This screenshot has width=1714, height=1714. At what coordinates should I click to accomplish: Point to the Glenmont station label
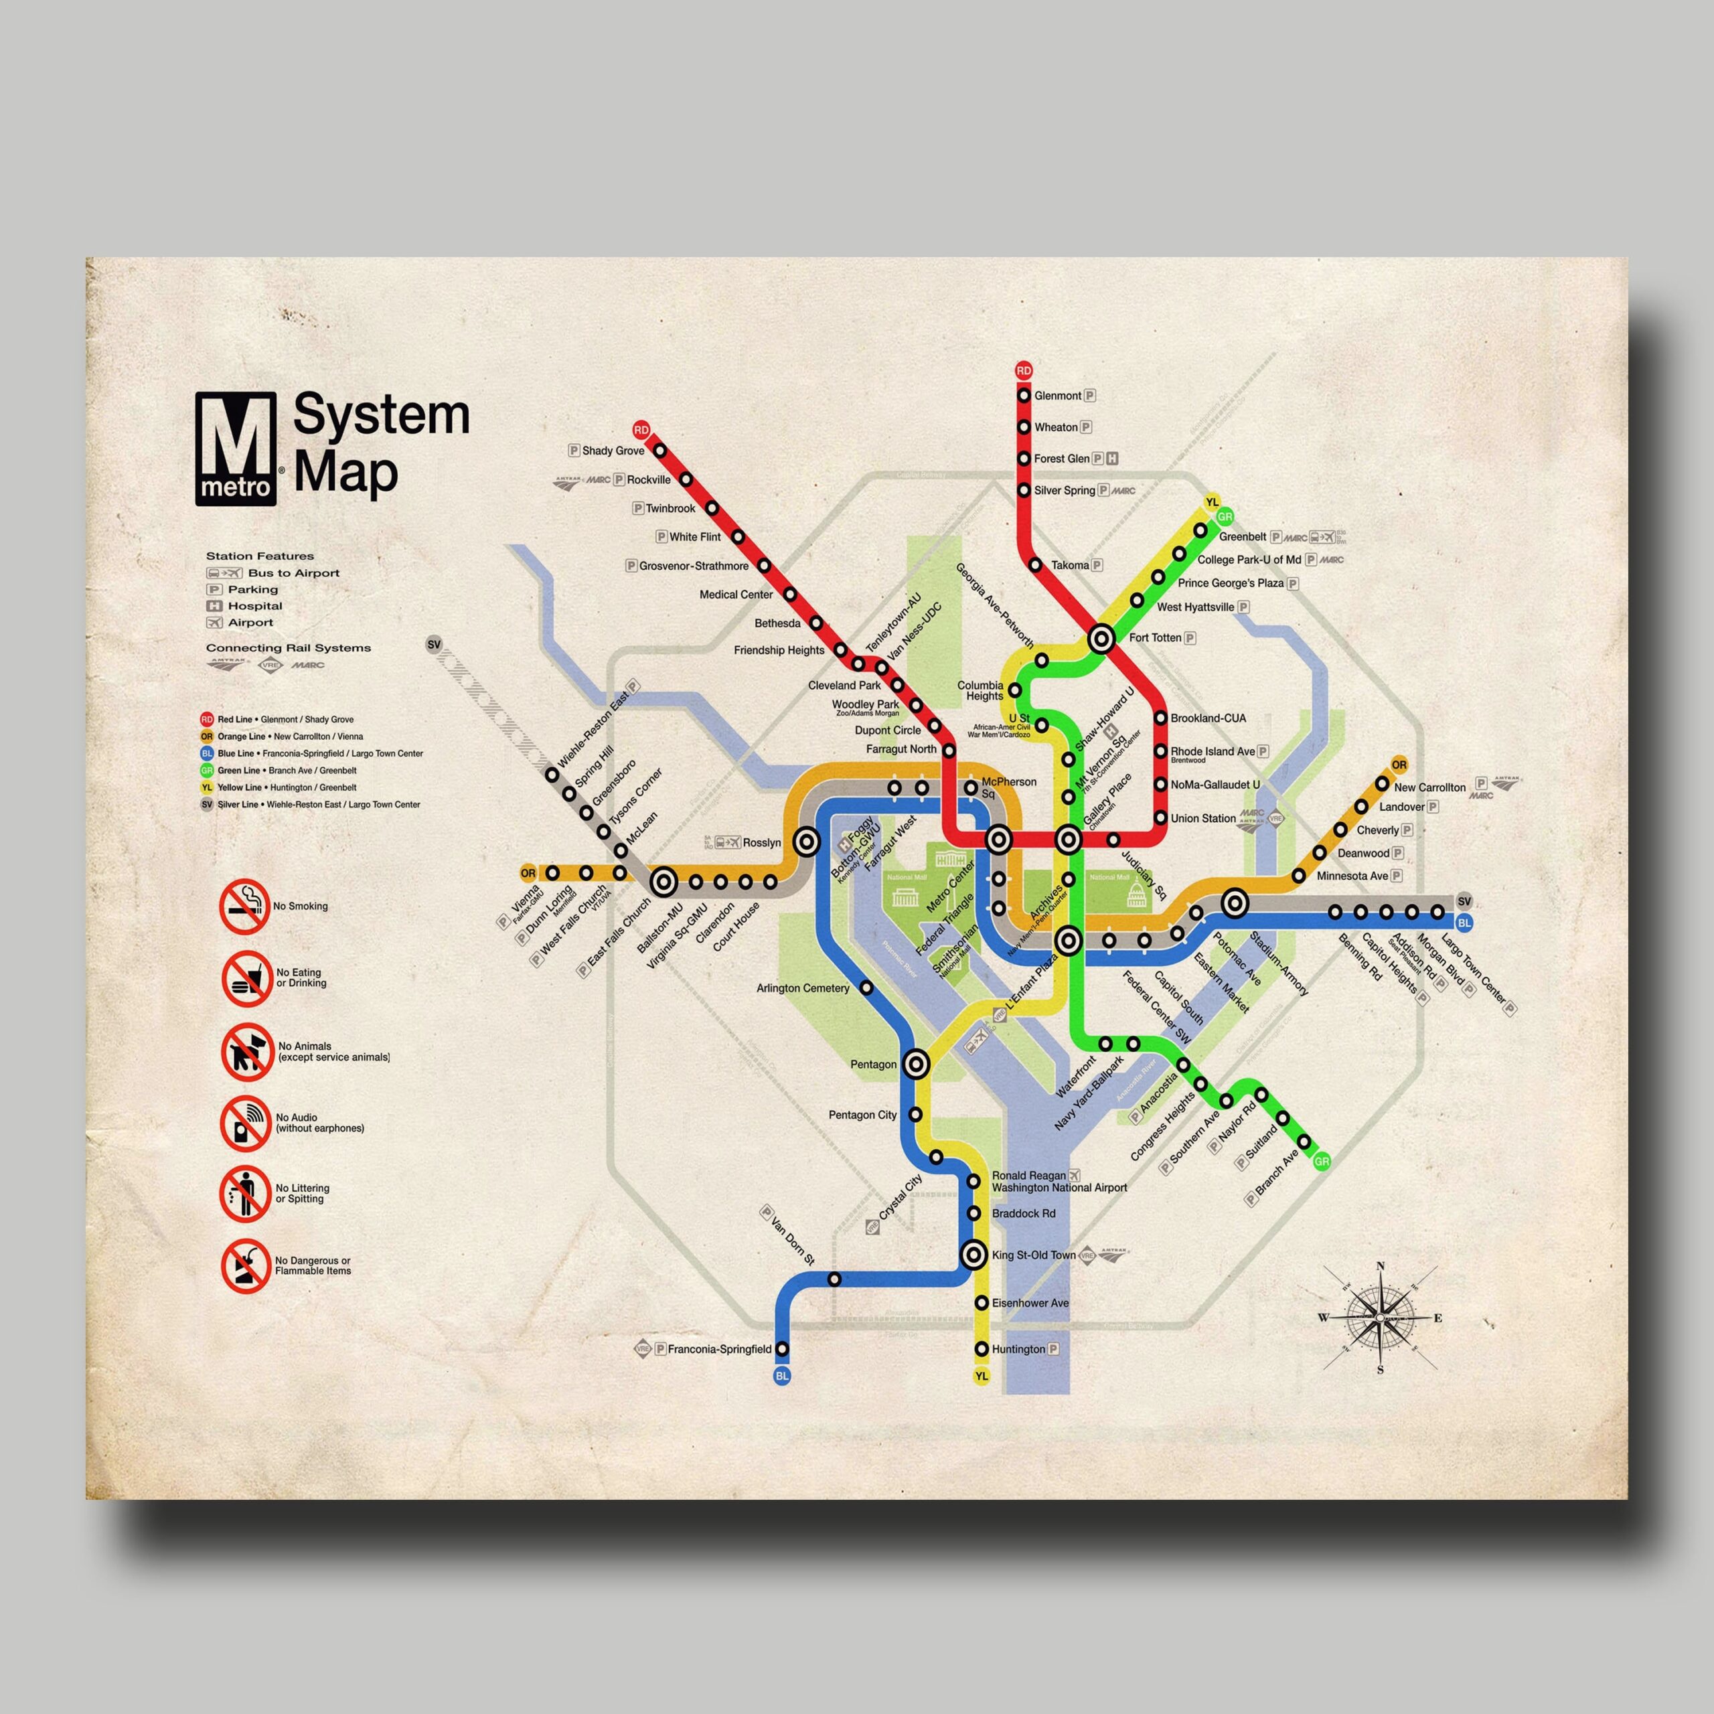point(1057,396)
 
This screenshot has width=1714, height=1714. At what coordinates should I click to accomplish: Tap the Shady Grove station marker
point(660,451)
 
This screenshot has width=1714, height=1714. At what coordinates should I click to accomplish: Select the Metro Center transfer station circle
point(1000,838)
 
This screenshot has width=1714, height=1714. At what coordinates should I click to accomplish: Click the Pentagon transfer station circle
point(917,1064)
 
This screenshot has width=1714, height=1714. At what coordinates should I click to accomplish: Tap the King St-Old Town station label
point(1032,1255)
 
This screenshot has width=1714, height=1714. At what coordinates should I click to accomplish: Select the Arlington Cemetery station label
point(803,988)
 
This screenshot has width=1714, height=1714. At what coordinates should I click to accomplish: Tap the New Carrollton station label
point(1429,787)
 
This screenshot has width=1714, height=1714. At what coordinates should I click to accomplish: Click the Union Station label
point(1202,818)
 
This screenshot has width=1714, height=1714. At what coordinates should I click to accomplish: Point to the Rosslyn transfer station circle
point(805,842)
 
